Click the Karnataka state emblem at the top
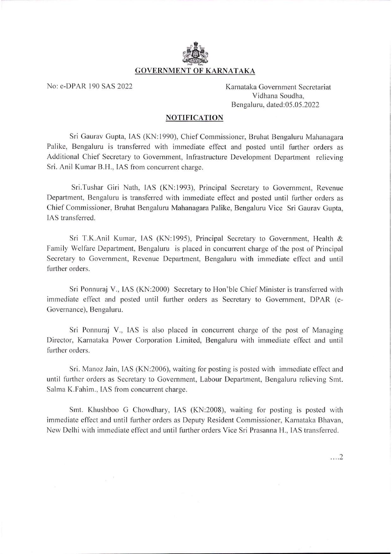[x=195, y=53]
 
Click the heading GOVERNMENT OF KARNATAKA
[x=195, y=71]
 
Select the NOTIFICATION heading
[x=195, y=118]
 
